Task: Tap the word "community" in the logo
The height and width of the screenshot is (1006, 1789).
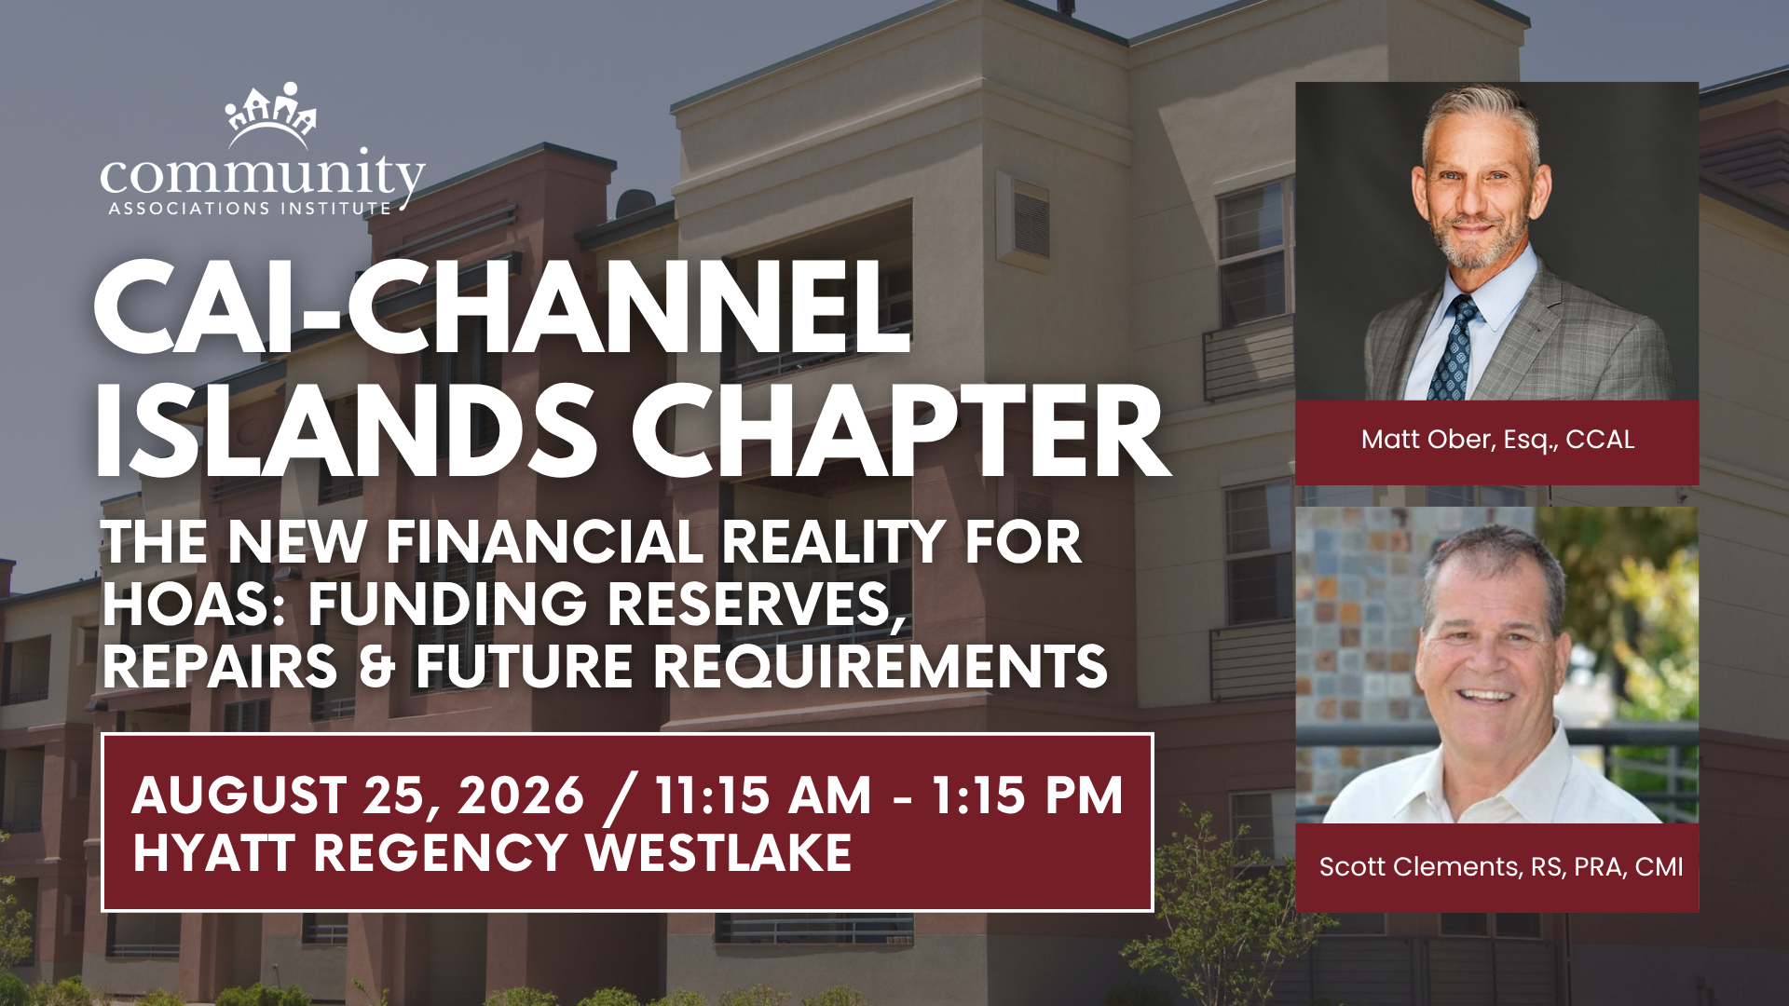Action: click(x=262, y=177)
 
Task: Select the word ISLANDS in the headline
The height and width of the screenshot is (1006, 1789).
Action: click(x=346, y=429)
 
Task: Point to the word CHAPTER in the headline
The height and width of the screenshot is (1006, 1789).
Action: click(x=900, y=429)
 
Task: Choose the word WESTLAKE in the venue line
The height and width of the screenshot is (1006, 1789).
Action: click(x=718, y=852)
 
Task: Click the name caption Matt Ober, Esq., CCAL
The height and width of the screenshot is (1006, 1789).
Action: click(x=1497, y=440)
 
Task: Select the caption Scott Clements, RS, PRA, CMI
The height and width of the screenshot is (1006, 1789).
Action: click(x=1501, y=867)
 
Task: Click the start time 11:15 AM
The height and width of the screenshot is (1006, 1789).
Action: click(x=764, y=795)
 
